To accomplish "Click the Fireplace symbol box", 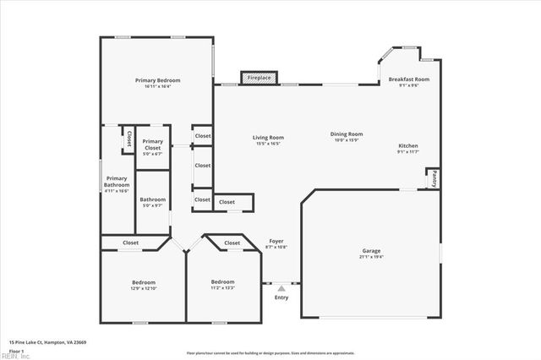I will pyautogui.click(x=258, y=78).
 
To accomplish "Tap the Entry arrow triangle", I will pyautogui.click(x=281, y=287).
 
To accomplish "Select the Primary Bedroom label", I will pyautogui.click(x=158, y=80).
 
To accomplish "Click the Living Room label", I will pyautogui.click(x=268, y=137).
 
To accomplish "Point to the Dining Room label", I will pyautogui.click(x=346, y=134).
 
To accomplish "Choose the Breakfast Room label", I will pyautogui.click(x=408, y=79).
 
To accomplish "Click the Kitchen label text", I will pyautogui.click(x=408, y=145).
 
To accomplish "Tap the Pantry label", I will pyautogui.click(x=434, y=178).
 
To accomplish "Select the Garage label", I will pyautogui.click(x=372, y=251).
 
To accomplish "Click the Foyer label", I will pyautogui.click(x=276, y=242).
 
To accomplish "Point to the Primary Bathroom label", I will pyautogui.click(x=117, y=181).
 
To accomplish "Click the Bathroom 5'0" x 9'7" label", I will pyautogui.click(x=153, y=199).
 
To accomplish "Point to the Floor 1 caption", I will pyautogui.click(x=16, y=349).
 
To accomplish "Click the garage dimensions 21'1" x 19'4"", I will pyautogui.click(x=372, y=257).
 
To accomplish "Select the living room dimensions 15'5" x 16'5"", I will pyautogui.click(x=268, y=144).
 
